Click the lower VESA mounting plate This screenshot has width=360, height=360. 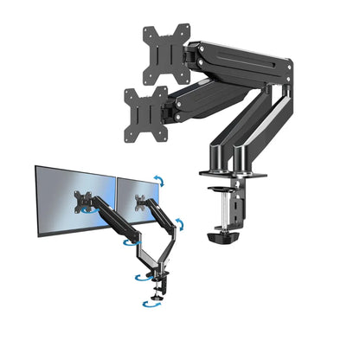[146, 110]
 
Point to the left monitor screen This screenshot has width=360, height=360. [74, 202]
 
